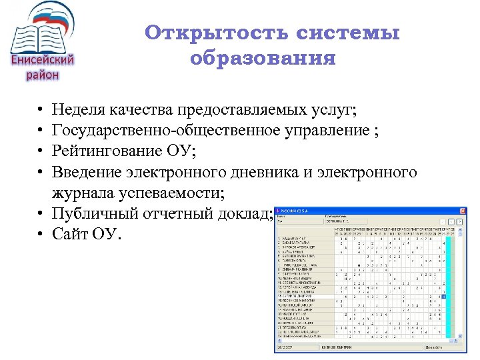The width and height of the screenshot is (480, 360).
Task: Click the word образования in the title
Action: pos(263,59)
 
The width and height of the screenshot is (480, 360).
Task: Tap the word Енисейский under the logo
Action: pos(43,60)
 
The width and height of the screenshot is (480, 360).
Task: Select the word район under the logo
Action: pos(43,75)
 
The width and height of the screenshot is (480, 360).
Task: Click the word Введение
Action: pos(86,173)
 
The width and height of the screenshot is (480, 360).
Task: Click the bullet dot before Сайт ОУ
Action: pos(41,235)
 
